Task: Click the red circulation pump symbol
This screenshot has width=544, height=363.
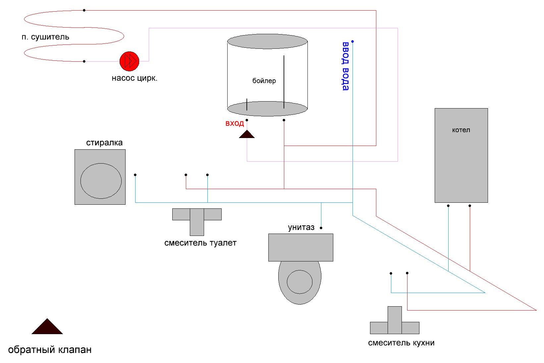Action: pyautogui.click(x=129, y=61)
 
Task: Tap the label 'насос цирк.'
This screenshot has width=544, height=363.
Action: pyautogui.click(x=135, y=78)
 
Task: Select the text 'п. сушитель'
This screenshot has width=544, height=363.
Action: pyautogui.click(x=45, y=37)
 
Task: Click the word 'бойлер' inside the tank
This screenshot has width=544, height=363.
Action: pyautogui.click(x=264, y=81)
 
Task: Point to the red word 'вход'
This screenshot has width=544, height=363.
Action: pyautogui.click(x=235, y=123)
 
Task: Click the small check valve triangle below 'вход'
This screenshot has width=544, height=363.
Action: pyautogui.click(x=247, y=134)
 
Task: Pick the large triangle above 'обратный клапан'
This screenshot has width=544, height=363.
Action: pyautogui.click(x=47, y=327)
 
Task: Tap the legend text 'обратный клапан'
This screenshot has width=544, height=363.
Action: pyautogui.click(x=50, y=350)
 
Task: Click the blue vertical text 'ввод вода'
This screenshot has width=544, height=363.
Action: pyautogui.click(x=346, y=66)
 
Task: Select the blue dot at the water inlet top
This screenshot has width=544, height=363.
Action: pyautogui.click(x=353, y=41)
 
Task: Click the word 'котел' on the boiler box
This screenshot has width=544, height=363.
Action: pyautogui.click(x=461, y=130)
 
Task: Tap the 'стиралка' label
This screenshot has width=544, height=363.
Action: pyautogui.click(x=104, y=143)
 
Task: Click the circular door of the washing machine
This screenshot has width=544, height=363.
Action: pyautogui.click(x=101, y=181)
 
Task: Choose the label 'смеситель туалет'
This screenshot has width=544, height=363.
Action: pyautogui.click(x=200, y=243)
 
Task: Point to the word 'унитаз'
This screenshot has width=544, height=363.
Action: pyautogui.click(x=301, y=227)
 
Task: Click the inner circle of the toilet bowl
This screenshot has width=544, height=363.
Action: pyautogui.click(x=299, y=282)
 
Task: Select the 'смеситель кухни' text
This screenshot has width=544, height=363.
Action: pyautogui.click(x=401, y=343)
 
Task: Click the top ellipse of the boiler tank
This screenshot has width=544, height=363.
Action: pyautogui.click(x=267, y=41)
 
